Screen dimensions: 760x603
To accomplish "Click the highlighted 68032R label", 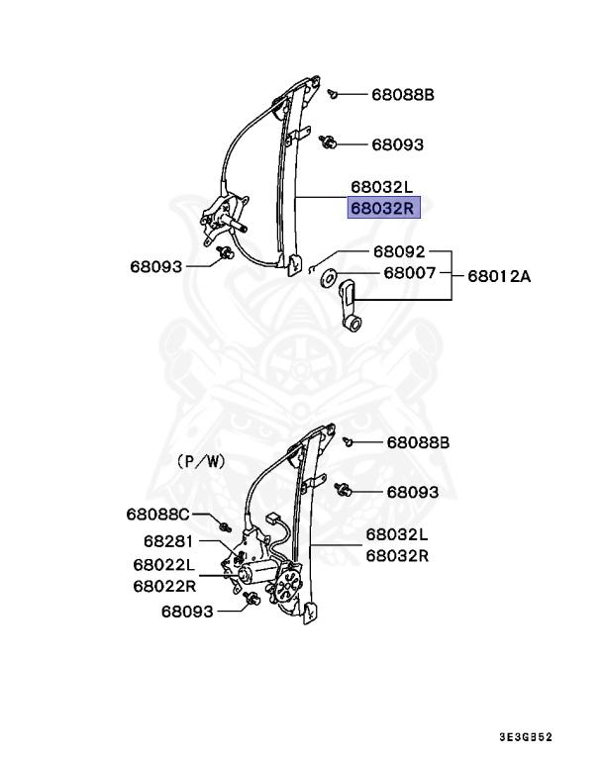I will coord(384,208).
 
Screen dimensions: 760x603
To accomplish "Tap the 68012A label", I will coord(499,276).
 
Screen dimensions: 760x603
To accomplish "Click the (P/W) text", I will coord(202,461).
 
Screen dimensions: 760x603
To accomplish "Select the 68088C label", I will coord(156,514).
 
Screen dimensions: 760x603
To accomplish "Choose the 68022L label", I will coord(163,565).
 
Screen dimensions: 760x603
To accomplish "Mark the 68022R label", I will coord(163,585).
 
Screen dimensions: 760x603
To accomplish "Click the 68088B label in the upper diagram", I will coord(403,95).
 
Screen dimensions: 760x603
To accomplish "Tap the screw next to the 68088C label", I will coord(227,523).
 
